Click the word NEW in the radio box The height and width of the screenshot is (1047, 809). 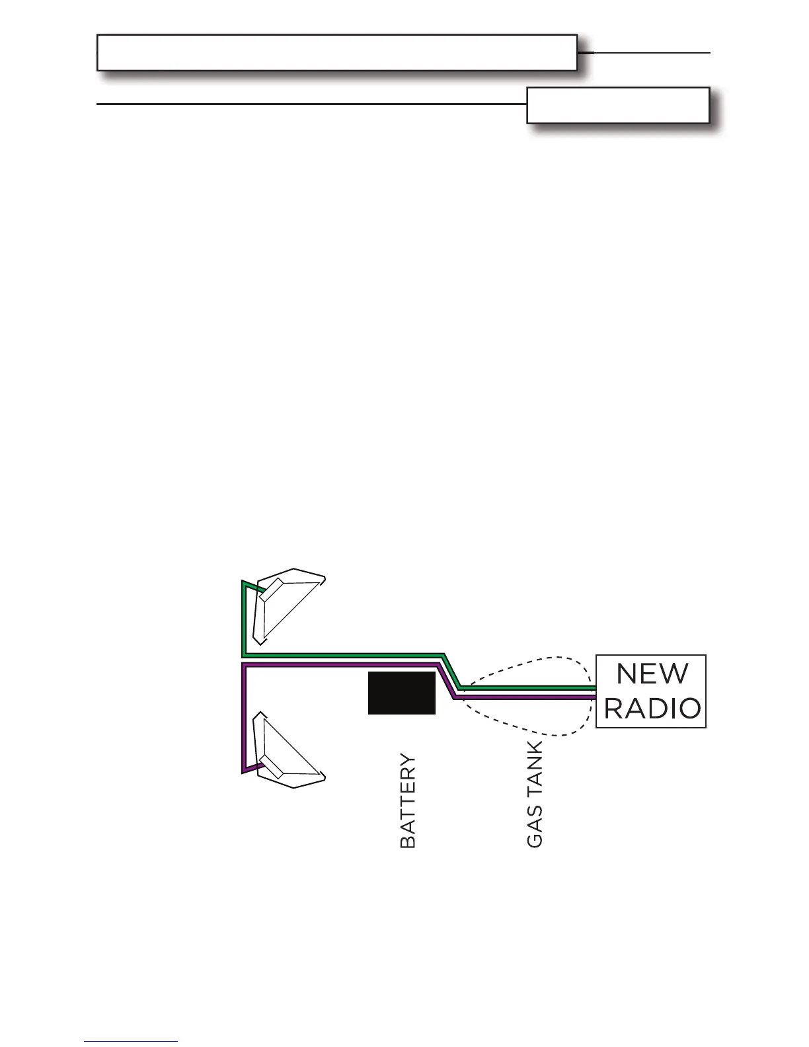pos(652,674)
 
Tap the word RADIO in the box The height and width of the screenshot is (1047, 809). pos(652,709)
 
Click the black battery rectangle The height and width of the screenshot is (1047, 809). pos(402,693)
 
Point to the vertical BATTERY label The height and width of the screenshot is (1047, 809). pos(408,801)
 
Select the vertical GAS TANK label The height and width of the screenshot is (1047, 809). pos(535,794)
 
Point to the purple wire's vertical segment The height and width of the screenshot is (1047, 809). pos(245,717)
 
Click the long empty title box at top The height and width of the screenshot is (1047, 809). pos(337,52)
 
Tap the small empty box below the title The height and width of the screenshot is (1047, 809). pos(618,105)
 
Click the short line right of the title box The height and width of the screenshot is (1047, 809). pos(651,52)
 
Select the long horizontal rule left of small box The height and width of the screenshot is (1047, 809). pos(311,104)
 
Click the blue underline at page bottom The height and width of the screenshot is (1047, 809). pos(131,1041)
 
